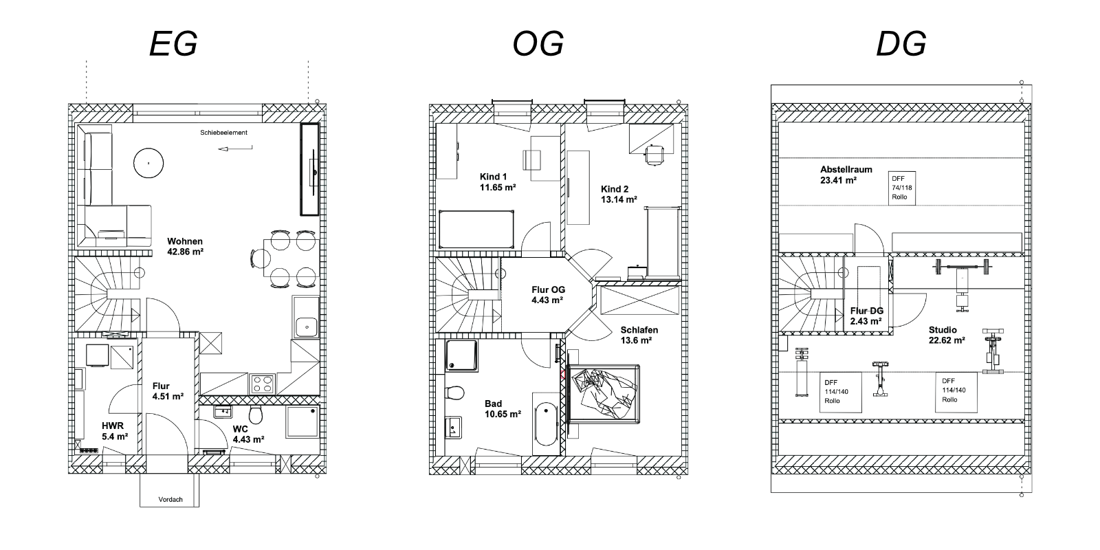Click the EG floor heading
[173, 44]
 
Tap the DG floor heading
[901, 44]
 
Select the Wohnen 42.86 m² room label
[185, 247]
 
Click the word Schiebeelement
[223, 133]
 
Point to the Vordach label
[170, 499]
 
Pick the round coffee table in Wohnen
[148, 163]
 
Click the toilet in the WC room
[255, 415]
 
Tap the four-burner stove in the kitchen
[262, 384]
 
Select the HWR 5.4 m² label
[115, 431]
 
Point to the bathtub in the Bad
[545, 423]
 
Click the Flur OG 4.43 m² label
[547, 295]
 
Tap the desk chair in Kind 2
[654, 155]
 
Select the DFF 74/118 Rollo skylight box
[901, 188]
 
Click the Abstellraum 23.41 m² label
[846, 175]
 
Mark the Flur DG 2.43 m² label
[867, 316]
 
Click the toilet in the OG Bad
[454, 393]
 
